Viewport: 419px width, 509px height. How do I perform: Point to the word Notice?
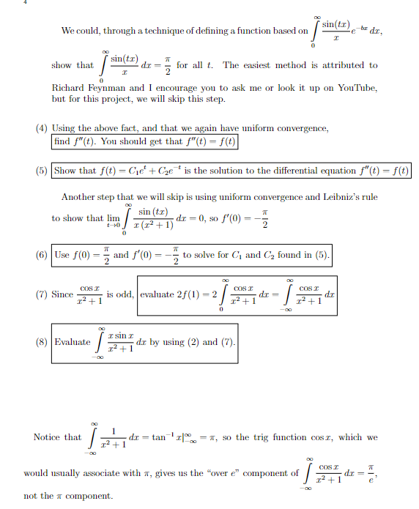point(48,437)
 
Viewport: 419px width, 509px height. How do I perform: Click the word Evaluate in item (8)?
point(73,341)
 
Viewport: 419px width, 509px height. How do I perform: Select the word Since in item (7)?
point(63,295)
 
